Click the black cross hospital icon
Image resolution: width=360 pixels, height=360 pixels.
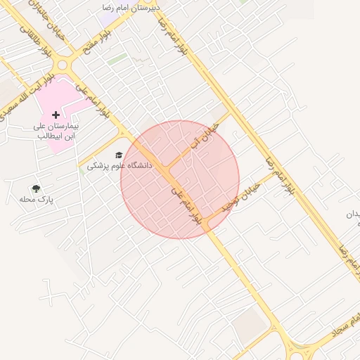[56, 115]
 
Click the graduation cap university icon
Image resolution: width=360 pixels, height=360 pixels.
[119, 155]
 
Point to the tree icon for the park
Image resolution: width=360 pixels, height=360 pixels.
[35, 188]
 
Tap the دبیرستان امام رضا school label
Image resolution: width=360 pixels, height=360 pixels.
[131, 7]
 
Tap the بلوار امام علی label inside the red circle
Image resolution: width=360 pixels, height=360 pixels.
[187, 205]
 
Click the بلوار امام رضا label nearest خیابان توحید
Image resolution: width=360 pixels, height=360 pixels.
[278, 176]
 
